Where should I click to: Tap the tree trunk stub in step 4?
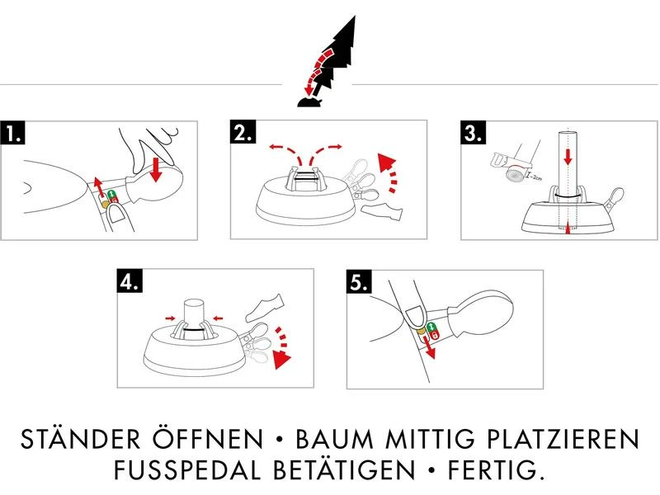tap(196, 312)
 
